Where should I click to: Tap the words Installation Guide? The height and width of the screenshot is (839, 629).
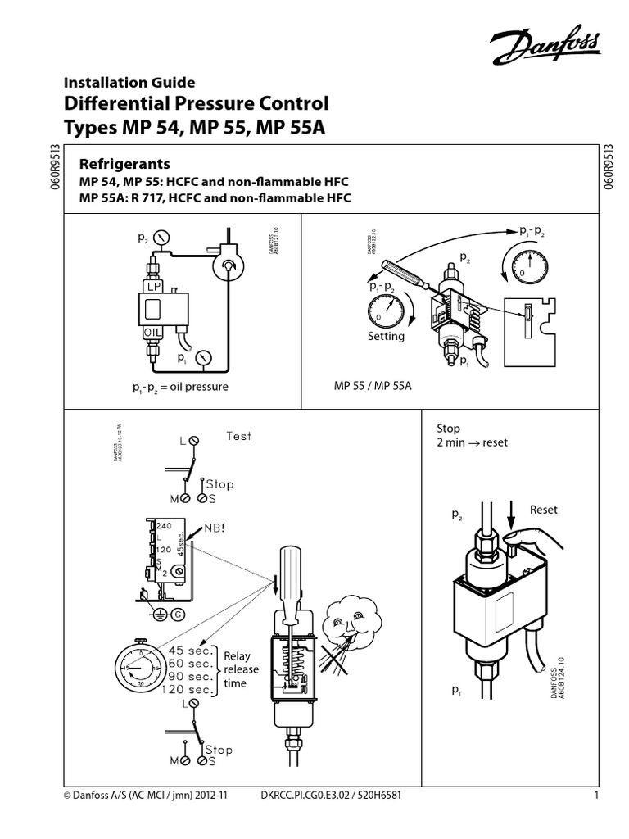pyautogui.click(x=129, y=82)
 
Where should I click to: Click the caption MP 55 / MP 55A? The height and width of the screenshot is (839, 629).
pyautogui.click(x=372, y=386)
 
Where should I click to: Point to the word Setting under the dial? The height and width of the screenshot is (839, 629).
pyautogui.click(x=386, y=336)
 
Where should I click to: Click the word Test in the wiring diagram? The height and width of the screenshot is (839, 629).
pyautogui.click(x=239, y=436)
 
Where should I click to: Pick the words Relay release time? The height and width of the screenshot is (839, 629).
pyautogui.click(x=242, y=669)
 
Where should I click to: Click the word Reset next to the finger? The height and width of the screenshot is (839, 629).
pyautogui.click(x=543, y=510)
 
